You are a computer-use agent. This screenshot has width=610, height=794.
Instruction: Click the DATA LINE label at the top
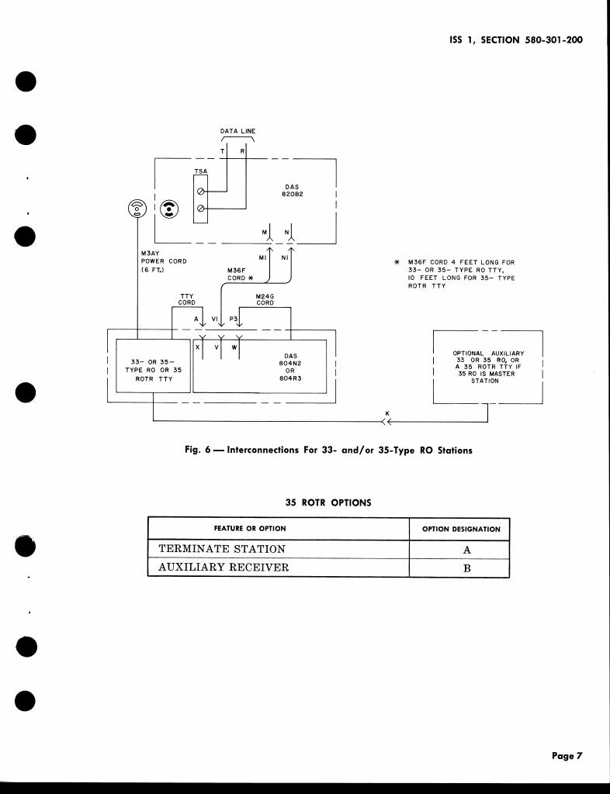click(238, 132)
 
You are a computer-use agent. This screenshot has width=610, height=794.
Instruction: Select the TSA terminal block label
click(199, 170)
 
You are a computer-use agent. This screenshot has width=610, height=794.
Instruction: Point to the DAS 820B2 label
click(291, 191)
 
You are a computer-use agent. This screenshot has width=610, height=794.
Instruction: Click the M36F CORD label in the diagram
click(237, 274)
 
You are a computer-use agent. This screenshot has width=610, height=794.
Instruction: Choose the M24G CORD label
click(265, 299)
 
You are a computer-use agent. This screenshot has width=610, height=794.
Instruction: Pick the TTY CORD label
click(187, 299)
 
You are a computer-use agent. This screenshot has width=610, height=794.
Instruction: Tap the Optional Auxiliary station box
click(487, 367)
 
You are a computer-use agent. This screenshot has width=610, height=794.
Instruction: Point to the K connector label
click(387, 413)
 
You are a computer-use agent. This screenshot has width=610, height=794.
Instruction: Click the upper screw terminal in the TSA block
click(201, 189)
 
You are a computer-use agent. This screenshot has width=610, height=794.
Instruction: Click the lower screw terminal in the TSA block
click(201, 209)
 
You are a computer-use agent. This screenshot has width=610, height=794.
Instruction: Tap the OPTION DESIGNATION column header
click(461, 529)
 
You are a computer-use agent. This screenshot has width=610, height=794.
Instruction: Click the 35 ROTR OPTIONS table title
click(328, 502)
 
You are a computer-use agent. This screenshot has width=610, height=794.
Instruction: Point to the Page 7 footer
click(567, 756)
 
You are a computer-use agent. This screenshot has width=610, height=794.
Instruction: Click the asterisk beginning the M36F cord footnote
click(397, 263)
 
